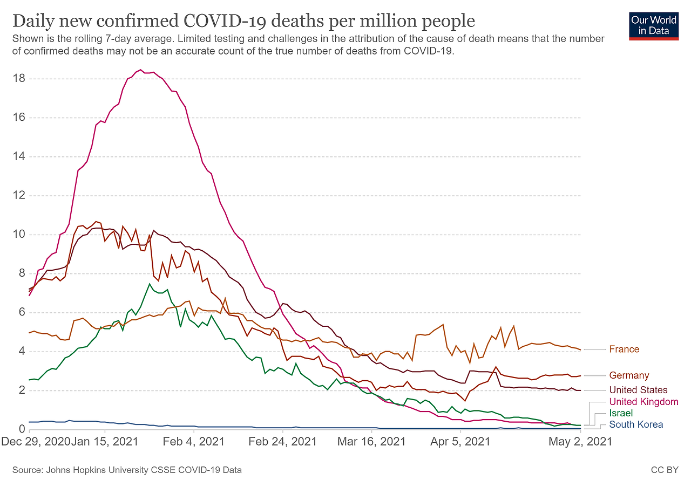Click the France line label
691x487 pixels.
(624, 349)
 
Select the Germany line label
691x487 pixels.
(629, 375)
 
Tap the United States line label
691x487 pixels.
(638, 390)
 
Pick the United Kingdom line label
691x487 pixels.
(643, 402)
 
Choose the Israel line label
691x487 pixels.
(620, 413)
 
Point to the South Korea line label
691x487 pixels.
(636, 424)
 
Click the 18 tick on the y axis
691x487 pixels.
(19, 79)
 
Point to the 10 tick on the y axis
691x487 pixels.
(19, 235)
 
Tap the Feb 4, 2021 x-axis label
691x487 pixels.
(194, 441)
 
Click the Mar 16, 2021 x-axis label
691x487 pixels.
(371, 441)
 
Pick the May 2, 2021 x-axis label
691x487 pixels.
(581, 441)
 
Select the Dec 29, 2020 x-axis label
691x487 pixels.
(36, 441)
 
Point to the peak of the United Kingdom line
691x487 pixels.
(140, 70)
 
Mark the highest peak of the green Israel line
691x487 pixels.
(150, 284)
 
